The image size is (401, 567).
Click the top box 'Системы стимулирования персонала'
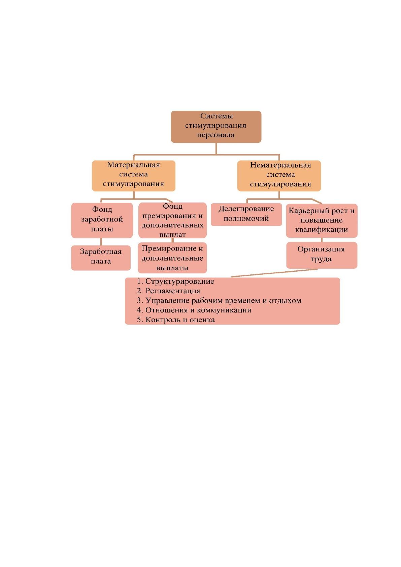[216, 127]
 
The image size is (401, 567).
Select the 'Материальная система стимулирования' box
[133, 176]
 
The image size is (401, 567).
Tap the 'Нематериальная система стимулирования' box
[279, 176]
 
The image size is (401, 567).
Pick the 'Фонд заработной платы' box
[102, 220]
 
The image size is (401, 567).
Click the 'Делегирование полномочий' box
[246, 214]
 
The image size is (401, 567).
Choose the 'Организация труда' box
[322, 255]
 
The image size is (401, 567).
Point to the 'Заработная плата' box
[101, 258]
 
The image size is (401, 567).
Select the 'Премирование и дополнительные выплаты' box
[172, 258]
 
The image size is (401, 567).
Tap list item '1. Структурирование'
[175, 281]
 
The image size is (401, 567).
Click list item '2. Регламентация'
[168, 291]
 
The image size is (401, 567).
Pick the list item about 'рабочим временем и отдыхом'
[219, 300]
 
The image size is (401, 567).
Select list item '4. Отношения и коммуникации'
[194, 310]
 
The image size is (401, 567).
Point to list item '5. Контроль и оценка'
[176, 320]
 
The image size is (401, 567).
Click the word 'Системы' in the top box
[216, 116]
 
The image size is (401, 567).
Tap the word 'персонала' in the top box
[216, 135]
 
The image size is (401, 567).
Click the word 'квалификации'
[322, 230]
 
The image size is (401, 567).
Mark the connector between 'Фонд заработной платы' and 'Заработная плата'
[101, 242]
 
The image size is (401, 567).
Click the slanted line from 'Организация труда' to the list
[274, 273]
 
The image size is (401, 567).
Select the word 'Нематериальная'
[280, 165]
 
